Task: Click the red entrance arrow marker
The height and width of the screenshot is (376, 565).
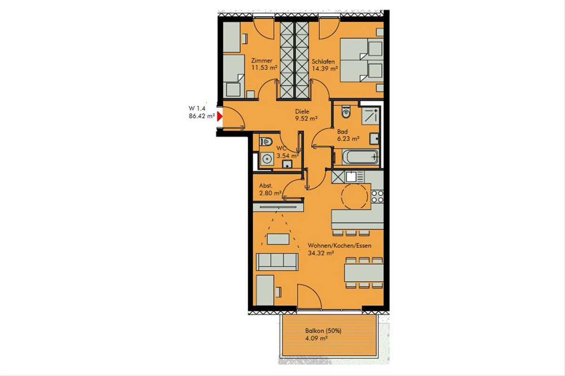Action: (220, 117)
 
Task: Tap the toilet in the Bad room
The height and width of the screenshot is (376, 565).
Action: (346, 112)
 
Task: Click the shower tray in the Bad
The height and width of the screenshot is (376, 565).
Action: (371, 115)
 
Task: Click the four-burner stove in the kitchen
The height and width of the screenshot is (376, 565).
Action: (377, 196)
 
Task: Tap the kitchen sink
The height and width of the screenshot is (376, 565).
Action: (351, 176)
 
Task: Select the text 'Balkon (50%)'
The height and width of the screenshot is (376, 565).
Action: (323, 331)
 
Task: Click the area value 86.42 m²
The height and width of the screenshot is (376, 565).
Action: (202, 116)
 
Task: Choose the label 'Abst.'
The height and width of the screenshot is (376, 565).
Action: (266, 186)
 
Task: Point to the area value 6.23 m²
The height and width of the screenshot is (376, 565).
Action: (348, 138)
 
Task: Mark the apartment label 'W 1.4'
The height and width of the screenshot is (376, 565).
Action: (197, 108)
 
